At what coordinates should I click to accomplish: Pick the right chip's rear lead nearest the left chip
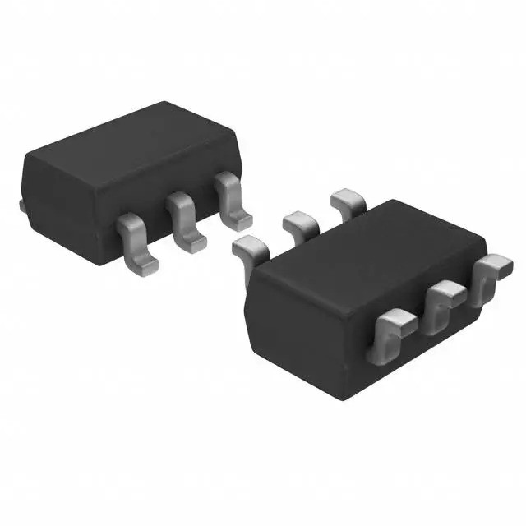pos(249,247)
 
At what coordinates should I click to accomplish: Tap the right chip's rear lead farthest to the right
pos(348,200)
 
